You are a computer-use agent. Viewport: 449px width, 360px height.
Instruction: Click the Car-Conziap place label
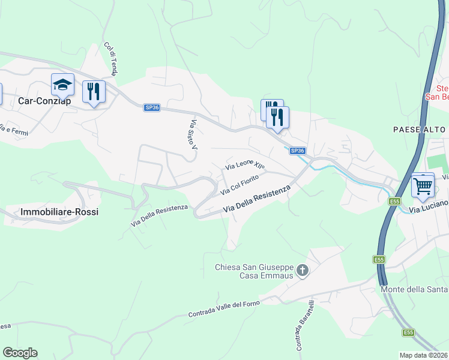[45, 101]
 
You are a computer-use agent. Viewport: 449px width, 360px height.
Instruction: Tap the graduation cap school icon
[62, 85]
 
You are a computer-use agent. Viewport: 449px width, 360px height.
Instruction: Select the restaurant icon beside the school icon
[93, 92]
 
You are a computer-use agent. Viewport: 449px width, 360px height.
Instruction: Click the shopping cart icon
[423, 185]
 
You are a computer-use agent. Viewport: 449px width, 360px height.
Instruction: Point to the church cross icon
[303, 271]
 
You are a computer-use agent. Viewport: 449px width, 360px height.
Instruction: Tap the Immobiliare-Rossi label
[59, 212]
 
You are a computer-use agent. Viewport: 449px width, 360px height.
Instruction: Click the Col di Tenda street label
[110, 58]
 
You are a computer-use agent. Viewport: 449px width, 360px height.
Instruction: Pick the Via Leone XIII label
[244, 164]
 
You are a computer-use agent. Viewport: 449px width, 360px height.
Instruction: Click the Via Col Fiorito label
[240, 185]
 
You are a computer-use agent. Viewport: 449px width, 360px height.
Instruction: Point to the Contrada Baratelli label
[301, 325]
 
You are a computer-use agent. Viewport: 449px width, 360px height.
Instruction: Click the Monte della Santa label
[415, 290]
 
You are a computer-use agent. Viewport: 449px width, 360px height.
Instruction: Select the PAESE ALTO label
[420, 130]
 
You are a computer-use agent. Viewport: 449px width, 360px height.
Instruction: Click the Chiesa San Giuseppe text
[255, 267]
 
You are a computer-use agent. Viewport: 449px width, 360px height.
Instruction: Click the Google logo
[20, 353]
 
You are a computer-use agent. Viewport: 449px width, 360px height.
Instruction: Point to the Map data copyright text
[424, 355]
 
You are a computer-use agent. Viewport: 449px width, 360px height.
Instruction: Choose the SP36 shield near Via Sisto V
[152, 107]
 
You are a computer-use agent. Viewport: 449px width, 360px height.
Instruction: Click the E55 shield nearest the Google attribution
[408, 332]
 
